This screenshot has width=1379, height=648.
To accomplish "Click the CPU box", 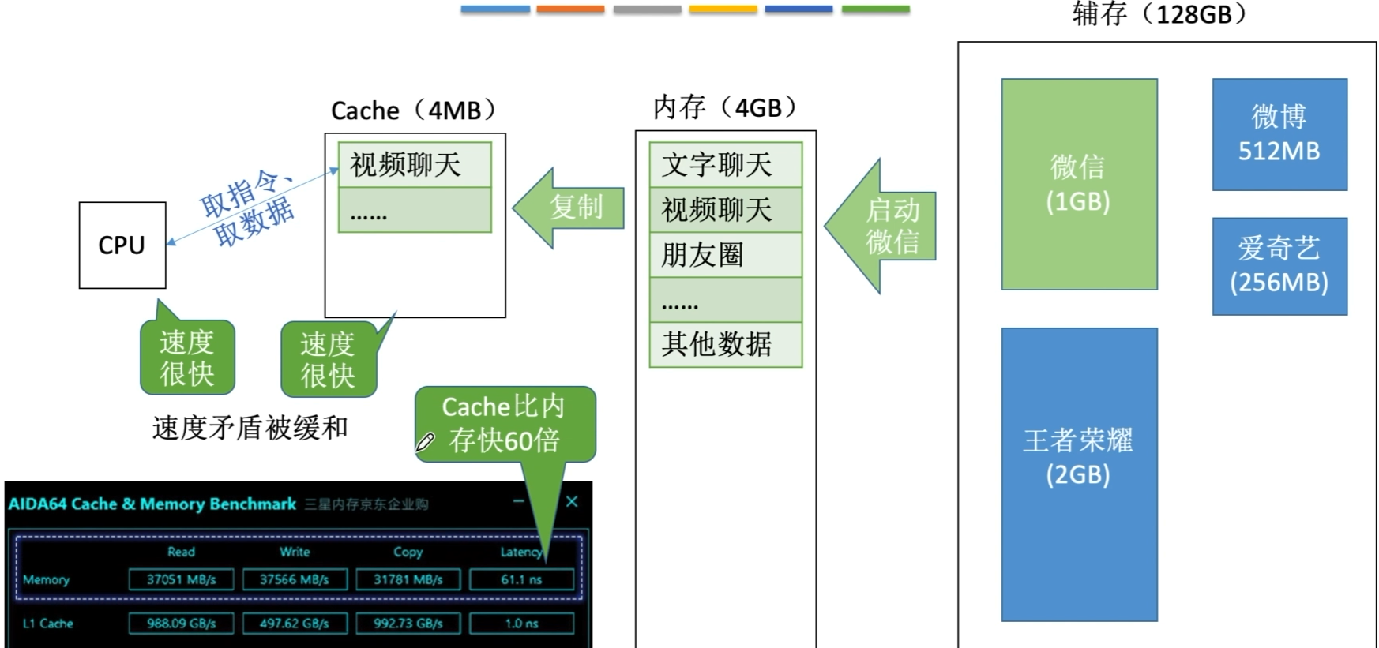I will tap(122, 245).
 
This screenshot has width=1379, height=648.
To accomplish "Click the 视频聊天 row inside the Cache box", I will tap(415, 165).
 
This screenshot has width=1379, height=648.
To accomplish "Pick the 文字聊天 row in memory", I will tap(725, 165).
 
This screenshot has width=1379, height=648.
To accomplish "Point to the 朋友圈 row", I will tap(725, 255).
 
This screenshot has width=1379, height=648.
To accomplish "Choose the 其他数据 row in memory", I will tap(725, 344).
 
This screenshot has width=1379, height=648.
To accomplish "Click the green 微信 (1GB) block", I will tap(1079, 184).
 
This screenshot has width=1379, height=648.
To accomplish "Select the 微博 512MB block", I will tap(1279, 134).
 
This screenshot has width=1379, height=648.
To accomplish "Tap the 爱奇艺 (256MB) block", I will tap(1279, 266).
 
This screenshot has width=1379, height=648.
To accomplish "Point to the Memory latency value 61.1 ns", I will tap(521, 579).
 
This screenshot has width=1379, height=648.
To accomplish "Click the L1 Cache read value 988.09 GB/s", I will tap(181, 623).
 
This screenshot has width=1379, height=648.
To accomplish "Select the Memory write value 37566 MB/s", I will tap(294, 579).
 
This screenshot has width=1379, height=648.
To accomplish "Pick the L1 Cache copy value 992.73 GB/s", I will tap(408, 623).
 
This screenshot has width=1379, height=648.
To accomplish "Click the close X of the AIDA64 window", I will tap(572, 501).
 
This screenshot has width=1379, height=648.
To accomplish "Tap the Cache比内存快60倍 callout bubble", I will tap(505, 424).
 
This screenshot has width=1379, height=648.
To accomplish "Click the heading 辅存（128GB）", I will tap(1159, 14).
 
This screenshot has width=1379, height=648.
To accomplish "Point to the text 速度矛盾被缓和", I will tap(250, 428).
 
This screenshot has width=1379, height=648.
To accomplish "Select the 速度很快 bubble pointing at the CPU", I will tap(187, 358).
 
